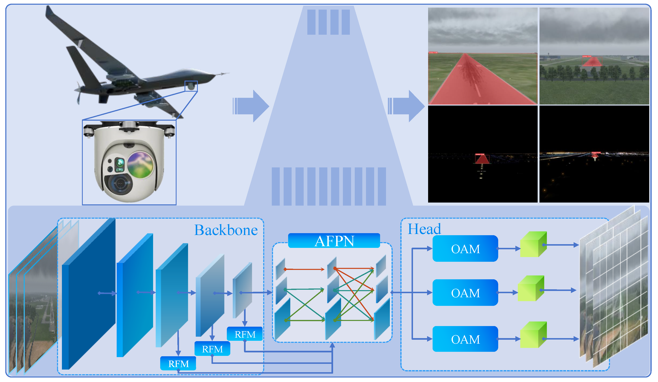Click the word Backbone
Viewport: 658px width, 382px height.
[x=226, y=230]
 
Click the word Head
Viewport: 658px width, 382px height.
[x=424, y=229]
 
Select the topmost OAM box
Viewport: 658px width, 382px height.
[x=465, y=248]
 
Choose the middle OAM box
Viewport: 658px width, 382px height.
[x=465, y=293]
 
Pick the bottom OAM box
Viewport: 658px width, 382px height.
[x=465, y=339]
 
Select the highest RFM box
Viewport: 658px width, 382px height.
[x=245, y=334]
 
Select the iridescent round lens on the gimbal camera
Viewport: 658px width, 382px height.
[x=140, y=165]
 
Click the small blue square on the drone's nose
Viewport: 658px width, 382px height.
[x=191, y=86]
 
